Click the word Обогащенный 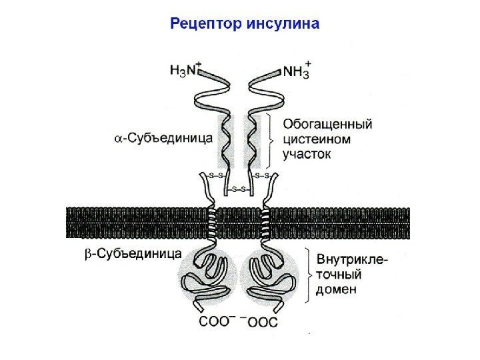(327, 124)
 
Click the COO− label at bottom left (219, 322)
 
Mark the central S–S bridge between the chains (239, 189)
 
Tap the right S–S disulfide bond (262, 175)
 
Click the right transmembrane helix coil (265, 223)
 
